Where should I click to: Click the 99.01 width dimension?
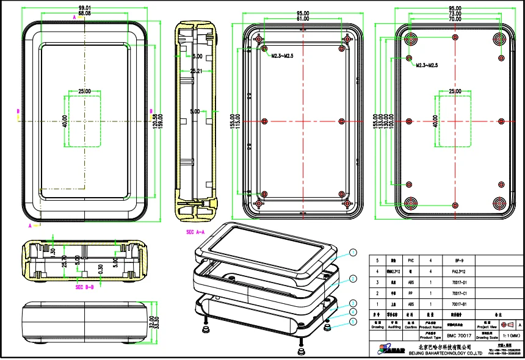tap(85, 8)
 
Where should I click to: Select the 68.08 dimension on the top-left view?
tap(85, 13)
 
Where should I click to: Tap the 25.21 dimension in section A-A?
tap(197, 71)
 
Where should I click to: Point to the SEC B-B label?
tap(84, 287)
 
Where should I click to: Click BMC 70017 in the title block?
tap(458, 336)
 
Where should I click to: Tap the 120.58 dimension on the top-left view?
tap(156, 117)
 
